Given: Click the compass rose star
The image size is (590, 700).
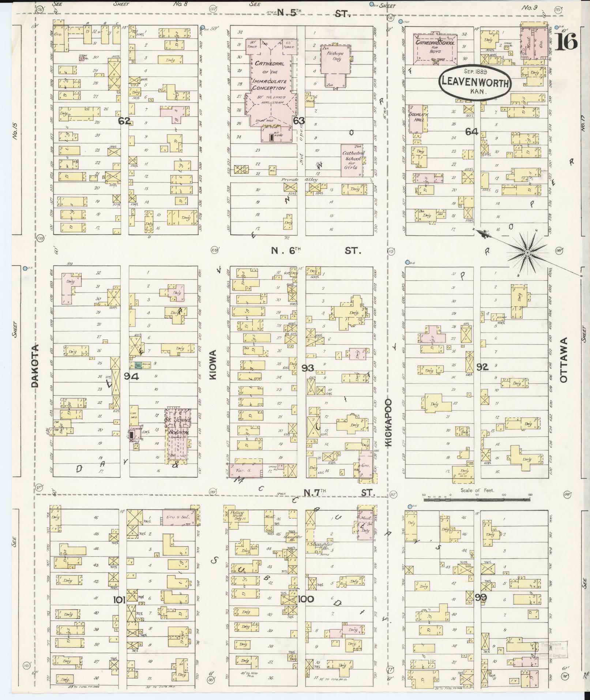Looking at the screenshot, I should (x=527, y=253).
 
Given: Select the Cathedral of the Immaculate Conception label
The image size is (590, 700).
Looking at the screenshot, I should (x=270, y=76).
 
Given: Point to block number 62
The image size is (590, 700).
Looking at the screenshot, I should (x=124, y=121).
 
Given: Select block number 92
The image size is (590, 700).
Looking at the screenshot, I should (x=482, y=367).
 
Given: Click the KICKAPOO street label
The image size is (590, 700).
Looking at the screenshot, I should (x=388, y=422).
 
